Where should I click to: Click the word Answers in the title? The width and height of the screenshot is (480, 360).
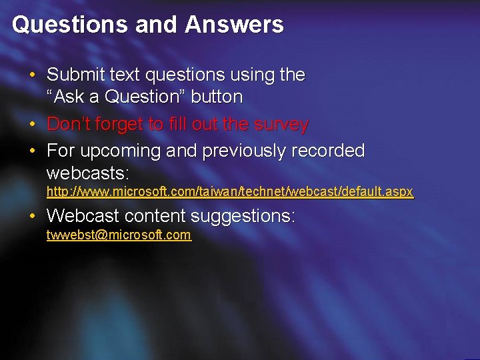tap(235, 25)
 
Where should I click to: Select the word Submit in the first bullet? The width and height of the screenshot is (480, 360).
tap(73, 75)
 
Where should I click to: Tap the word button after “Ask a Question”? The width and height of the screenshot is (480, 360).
tap(217, 97)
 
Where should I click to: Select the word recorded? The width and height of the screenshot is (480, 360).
tap(323, 151)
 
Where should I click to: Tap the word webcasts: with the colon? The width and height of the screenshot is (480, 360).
tap(87, 173)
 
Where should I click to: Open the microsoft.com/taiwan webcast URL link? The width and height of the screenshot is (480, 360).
tap(230, 192)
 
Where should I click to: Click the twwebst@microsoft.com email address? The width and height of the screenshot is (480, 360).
tap(119, 235)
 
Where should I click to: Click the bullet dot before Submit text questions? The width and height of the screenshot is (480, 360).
tap(33, 75)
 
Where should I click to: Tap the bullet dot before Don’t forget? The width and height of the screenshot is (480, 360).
tap(33, 124)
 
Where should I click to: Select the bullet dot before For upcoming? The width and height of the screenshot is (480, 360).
tap(33, 151)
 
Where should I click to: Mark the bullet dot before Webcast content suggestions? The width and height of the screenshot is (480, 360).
tap(33, 216)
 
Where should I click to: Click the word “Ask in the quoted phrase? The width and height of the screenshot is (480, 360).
tap(66, 97)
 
